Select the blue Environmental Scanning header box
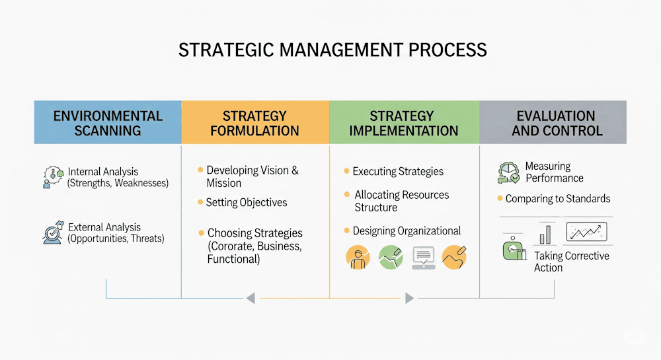(x=108, y=122)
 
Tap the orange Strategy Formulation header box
(x=255, y=122)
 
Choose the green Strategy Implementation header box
(x=404, y=122)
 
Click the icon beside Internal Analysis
(x=52, y=177)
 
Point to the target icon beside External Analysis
(x=53, y=233)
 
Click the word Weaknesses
(x=141, y=183)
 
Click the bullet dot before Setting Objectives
(x=200, y=202)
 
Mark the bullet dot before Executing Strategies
(x=346, y=171)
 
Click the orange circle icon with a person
(x=358, y=257)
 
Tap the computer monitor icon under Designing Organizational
(x=423, y=257)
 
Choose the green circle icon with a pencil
(x=391, y=257)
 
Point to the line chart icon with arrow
(x=586, y=233)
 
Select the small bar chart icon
(x=546, y=234)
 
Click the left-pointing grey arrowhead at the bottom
(x=250, y=299)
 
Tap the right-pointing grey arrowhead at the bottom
(x=409, y=299)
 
